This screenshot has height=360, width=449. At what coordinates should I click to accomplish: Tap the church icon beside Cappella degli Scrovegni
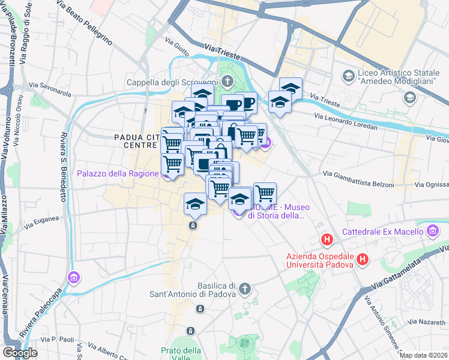click(x=227, y=81)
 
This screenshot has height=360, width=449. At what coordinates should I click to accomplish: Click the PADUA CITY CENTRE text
click(x=137, y=142)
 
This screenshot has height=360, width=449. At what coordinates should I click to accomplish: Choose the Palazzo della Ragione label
click(x=118, y=175)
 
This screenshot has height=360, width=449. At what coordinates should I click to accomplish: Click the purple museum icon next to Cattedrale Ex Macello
click(x=432, y=231)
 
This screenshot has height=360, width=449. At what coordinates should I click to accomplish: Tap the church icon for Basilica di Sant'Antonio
click(x=244, y=290)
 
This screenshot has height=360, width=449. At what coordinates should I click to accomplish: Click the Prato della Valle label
click(x=181, y=355)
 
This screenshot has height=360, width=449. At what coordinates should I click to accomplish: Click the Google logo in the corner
click(x=20, y=352)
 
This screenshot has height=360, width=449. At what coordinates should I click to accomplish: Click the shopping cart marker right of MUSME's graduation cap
click(x=265, y=193)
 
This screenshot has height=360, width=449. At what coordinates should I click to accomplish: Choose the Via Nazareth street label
click(x=428, y=322)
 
